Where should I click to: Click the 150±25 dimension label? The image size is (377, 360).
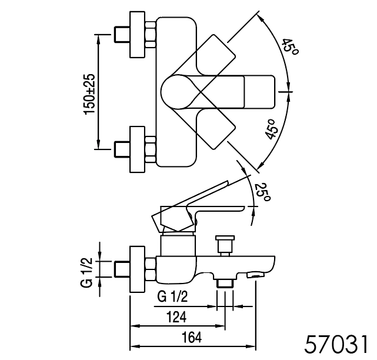point(90,94)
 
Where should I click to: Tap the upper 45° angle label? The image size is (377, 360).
point(289,46)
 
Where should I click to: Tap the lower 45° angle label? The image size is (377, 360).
point(272,129)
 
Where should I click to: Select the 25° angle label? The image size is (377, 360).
point(262,192)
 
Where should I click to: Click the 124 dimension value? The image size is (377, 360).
point(176,317)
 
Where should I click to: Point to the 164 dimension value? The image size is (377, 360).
point(192,337)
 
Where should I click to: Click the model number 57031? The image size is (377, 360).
point(336,344)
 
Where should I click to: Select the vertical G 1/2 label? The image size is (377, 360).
point(86,272)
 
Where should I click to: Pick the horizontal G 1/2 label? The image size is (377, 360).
point(172,296)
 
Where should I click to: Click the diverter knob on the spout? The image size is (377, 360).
point(225,246)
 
